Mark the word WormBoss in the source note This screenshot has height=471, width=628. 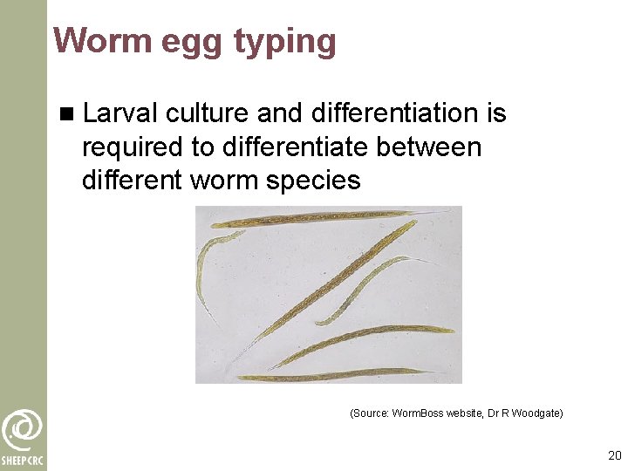(418, 413)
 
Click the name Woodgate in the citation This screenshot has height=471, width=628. (536, 413)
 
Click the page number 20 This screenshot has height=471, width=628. (614, 455)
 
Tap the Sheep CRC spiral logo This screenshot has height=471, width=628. (22, 429)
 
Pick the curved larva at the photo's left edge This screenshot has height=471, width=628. (207, 262)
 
